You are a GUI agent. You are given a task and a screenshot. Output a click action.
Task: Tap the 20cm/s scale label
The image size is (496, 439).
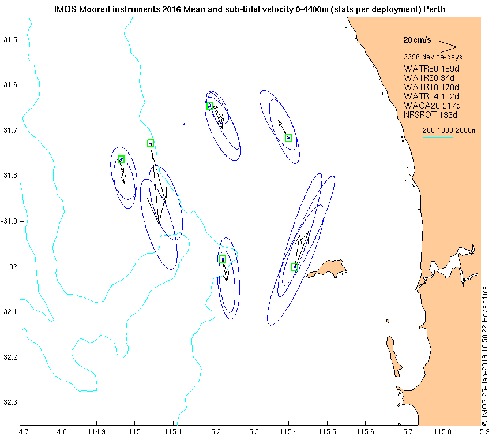pyautogui.click(x=417, y=40)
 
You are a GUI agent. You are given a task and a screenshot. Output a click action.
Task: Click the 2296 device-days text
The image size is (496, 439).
pyautogui.click(x=433, y=57)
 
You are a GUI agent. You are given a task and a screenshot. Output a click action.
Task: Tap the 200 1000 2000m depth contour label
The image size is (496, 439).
pyautogui.click(x=450, y=131)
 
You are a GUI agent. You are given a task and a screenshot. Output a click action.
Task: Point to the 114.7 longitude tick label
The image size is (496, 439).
pyautogui.click(x=20, y=431)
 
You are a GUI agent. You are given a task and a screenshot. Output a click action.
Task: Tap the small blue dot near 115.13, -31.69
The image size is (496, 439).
pyautogui.click(x=184, y=124)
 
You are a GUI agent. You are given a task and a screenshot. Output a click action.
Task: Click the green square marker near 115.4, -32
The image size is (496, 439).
pyautogui.click(x=295, y=267)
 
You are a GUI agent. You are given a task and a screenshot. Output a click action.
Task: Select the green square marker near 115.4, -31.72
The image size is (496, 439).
pyautogui.click(x=288, y=137)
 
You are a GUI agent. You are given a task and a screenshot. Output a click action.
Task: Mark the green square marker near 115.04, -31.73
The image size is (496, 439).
pyautogui.click(x=151, y=143)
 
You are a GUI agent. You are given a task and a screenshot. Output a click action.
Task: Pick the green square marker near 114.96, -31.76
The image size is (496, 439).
pyautogui.click(x=121, y=159)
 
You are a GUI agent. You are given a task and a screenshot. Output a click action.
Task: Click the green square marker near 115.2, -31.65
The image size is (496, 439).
pyautogui.click(x=210, y=106)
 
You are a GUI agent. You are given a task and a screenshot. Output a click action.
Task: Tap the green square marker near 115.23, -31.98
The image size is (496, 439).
pyautogui.click(x=222, y=259)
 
